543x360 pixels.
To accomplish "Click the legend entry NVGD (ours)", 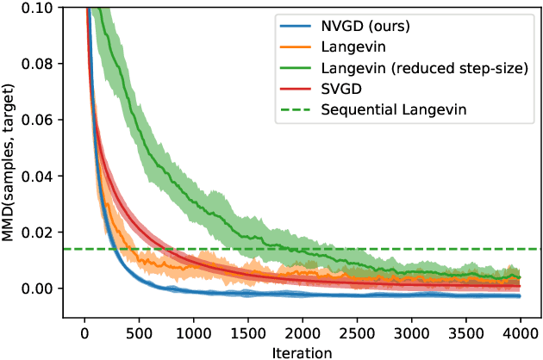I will (365, 26).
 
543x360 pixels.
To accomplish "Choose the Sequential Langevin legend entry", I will (385, 109).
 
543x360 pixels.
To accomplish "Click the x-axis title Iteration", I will (301, 351).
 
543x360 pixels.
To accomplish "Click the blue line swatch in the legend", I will (293, 26).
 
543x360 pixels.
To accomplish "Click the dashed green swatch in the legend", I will (293, 109).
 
